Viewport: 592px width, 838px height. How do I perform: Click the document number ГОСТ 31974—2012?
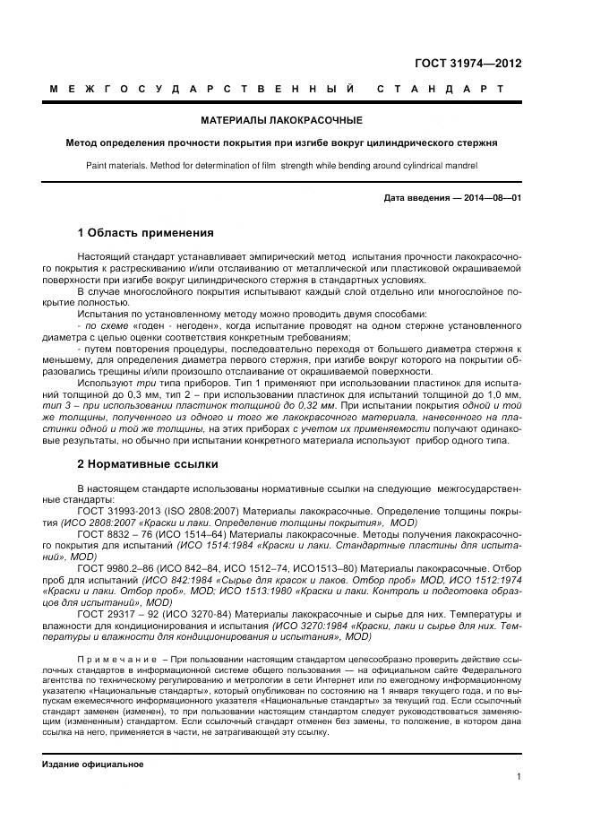click(x=468, y=63)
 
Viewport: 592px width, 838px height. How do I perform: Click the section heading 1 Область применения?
click(x=145, y=233)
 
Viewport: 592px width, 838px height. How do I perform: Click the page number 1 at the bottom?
click(x=519, y=777)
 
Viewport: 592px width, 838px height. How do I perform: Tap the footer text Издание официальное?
click(x=93, y=764)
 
